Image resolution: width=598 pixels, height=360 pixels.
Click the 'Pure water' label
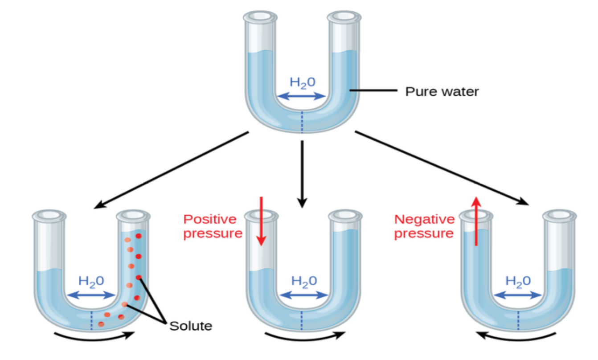442,92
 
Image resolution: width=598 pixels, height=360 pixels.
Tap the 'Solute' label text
191,326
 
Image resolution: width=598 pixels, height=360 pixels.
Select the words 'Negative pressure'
424,226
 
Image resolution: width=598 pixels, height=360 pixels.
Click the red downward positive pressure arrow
262,221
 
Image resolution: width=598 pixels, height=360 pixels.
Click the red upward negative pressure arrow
476,221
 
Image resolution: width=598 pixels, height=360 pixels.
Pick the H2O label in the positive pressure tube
304,281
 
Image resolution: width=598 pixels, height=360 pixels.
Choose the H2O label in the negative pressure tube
518,281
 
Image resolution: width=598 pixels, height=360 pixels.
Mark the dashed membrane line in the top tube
302,122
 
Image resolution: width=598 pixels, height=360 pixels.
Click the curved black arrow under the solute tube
94,336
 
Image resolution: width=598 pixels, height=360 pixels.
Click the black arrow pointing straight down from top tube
302,174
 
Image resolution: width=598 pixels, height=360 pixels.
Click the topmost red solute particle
138,236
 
